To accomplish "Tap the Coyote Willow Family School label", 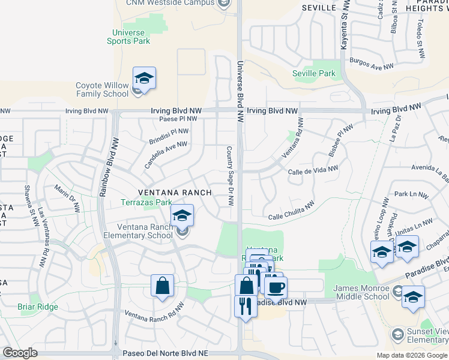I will [102, 89].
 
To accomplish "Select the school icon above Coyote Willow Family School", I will [144, 79].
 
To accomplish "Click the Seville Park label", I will [313, 73].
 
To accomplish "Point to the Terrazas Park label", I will [147, 203].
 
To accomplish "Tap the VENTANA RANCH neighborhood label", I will [175, 193].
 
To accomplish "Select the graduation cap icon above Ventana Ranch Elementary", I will [182, 216].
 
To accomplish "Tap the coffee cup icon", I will [276, 287].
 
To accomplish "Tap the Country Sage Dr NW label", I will [230, 176].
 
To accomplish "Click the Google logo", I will [20, 353].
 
